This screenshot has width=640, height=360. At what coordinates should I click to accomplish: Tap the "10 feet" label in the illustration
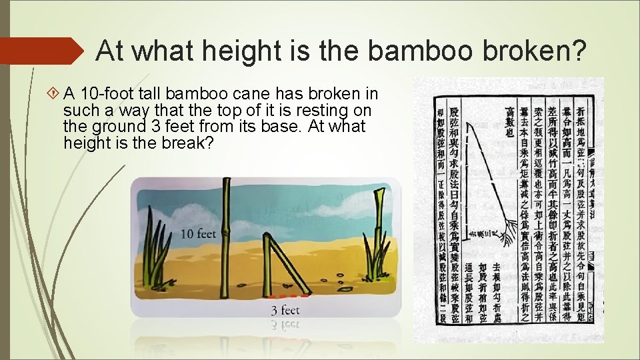[199, 234]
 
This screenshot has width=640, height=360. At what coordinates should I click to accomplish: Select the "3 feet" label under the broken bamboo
[285, 310]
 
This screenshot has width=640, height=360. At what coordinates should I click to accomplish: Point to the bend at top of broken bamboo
[273, 241]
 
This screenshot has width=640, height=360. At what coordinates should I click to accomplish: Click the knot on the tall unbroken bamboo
[226, 233]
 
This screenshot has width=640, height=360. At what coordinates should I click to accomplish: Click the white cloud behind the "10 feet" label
[193, 217]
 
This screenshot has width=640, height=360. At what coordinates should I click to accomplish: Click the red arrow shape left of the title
[40, 51]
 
